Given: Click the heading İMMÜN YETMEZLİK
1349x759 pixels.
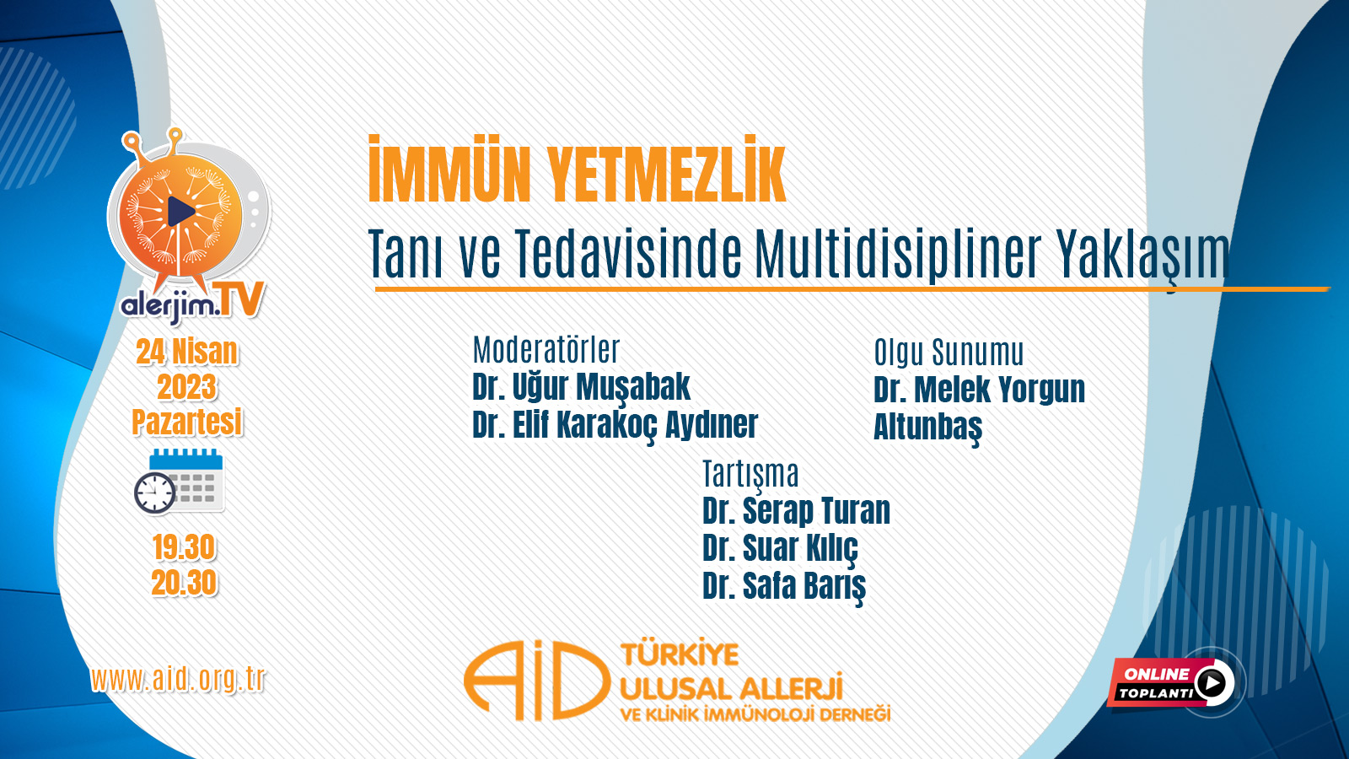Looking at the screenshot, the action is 577,170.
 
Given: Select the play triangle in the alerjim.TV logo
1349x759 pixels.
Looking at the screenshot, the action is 180,212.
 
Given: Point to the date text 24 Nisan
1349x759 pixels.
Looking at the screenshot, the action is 186,352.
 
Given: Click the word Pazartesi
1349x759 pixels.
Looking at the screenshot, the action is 186,422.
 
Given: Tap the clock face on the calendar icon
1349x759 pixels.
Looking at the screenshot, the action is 155,493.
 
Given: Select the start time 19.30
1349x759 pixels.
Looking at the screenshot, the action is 184,547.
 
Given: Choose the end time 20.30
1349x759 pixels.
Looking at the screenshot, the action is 184,583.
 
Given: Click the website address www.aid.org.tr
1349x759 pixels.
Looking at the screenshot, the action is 178,680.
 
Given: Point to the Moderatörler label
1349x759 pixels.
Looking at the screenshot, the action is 546,350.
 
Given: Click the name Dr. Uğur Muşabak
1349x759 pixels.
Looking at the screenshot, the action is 581,387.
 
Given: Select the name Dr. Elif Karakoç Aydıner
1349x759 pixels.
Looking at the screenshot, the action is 615,425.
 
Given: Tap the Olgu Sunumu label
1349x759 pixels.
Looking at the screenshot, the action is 949,353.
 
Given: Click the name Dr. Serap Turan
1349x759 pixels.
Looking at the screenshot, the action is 796,511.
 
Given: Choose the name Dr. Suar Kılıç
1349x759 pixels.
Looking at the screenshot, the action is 780,549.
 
